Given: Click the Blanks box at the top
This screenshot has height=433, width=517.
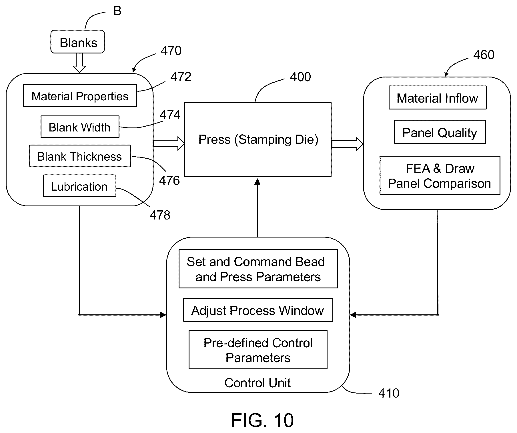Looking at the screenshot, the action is tap(77, 42).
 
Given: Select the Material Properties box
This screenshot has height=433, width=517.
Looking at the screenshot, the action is tap(80, 96).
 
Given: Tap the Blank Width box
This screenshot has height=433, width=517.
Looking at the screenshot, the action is tap(80, 127).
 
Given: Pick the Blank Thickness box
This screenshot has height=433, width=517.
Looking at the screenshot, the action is tap(80, 156).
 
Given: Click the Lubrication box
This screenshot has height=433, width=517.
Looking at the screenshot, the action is tap(79, 186).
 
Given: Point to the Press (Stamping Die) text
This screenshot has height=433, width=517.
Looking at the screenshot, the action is tap(258, 139).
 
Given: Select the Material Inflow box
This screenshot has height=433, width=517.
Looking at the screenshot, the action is tap(438, 98).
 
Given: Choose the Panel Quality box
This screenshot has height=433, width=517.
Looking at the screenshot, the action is tap(440, 132).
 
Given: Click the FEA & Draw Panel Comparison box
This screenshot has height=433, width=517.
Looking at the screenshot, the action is tap(440, 175).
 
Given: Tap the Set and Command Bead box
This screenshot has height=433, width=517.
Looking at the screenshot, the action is tap(258, 269).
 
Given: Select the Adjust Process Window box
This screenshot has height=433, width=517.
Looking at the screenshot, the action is tap(258, 310).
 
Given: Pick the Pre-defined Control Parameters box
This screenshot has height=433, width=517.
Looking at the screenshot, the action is tap(258, 350).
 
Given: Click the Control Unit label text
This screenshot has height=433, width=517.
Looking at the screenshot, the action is tap(257, 383).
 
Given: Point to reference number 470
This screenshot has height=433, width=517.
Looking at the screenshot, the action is tap(171, 51).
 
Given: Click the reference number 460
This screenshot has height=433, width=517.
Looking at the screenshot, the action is tap(484, 55).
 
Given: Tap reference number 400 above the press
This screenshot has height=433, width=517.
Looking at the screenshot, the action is tap(300, 77).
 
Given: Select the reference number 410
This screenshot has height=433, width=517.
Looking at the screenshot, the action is tap(389, 393).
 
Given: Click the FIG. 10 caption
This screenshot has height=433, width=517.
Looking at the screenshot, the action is tap(262, 420).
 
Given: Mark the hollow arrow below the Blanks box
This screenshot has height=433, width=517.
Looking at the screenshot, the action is tap(79, 63).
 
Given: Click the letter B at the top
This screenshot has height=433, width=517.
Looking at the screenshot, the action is tap(117, 11).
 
